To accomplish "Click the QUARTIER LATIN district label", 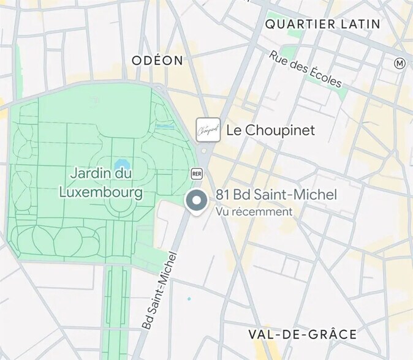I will [322, 24].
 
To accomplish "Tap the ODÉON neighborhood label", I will [157, 60].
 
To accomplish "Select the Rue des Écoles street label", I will [305, 69].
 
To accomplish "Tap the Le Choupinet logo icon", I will [208, 130].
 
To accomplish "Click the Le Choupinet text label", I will [270, 130].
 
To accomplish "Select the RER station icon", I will [197, 173].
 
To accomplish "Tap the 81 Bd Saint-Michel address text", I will [276, 195].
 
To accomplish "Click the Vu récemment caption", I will [254, 211].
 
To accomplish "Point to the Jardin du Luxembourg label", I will [101, 182].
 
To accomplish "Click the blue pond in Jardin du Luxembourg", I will [120, 165].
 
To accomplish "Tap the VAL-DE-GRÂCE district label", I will [302, 334].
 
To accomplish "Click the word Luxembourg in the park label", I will [101, 192].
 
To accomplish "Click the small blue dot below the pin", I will [189, 299].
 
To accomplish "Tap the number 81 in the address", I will [222, 195].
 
